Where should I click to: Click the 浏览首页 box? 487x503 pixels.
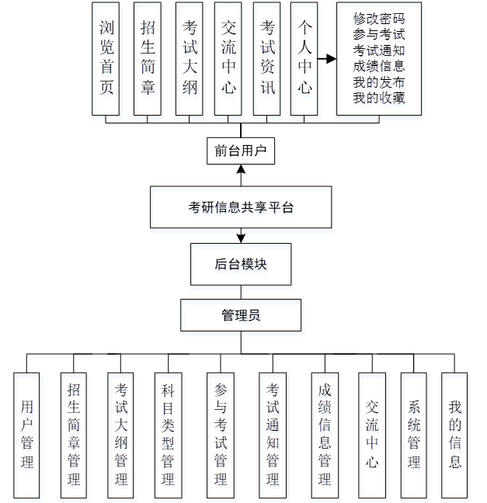coord(106,58)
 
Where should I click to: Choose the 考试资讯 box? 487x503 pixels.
coord(267,58)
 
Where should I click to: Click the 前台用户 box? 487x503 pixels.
coord(241,150)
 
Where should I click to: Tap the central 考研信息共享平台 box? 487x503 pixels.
coord(241,207)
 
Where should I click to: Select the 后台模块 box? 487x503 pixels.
coord(241,264)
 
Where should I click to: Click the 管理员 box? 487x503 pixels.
coord(241,315)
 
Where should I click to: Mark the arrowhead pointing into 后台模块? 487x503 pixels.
coord(241,238)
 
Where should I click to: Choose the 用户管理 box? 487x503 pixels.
coord(27,435)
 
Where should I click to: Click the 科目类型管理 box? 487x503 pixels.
coord(167,435)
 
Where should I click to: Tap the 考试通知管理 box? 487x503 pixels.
coord(272,435)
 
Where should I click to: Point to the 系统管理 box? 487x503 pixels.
coord(413,435)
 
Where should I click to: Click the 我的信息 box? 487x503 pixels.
coord(454,435)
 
